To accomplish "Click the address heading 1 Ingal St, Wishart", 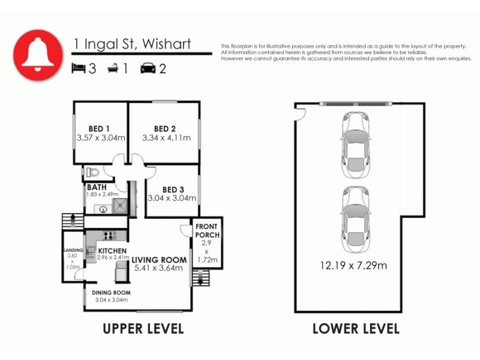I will pyautogui.click(x=132, y=44).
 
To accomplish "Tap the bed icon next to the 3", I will pyautogui.click(x=79, y=68).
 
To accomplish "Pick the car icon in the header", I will pyautogui.click(x=147, y=68).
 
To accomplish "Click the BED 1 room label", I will pyautogui.click(x=99, y=128).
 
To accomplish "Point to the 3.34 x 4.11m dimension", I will pyautogui.click(x=166, y=138).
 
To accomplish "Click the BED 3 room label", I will pyautogui.click(x=172, y=189).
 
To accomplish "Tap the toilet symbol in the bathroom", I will pyautogui.click(x=92, y=172).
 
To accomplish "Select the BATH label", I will pyautogui.click(x=97, y=187).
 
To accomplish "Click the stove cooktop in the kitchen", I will pyautogui.click(x=110, y=235).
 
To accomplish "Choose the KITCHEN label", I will pyautogui.click(x=112, y=251).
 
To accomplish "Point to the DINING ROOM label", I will pyautogui.click(x=111, y=293).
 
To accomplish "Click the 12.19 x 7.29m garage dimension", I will pyautogui.click(x=353, y=265).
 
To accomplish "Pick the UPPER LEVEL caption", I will pyautogui.click(x=143, y=329).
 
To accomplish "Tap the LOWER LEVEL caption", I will pyautogui.click(x=355, y=329).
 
